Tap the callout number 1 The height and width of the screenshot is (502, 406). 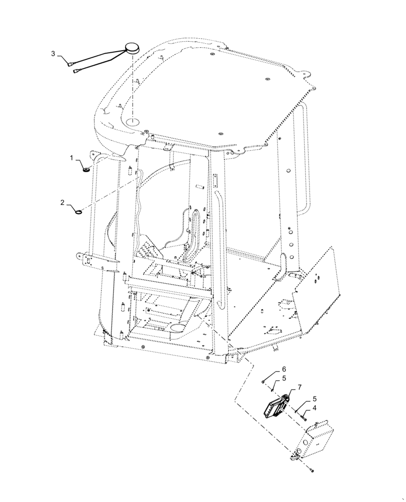72,158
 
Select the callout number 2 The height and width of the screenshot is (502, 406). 62,202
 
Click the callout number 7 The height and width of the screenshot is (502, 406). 299,388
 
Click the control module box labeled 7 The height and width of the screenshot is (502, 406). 276,405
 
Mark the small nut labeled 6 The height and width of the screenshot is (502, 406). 264,382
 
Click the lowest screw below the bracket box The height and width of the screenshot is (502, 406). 313,470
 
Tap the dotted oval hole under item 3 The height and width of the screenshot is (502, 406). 134,121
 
